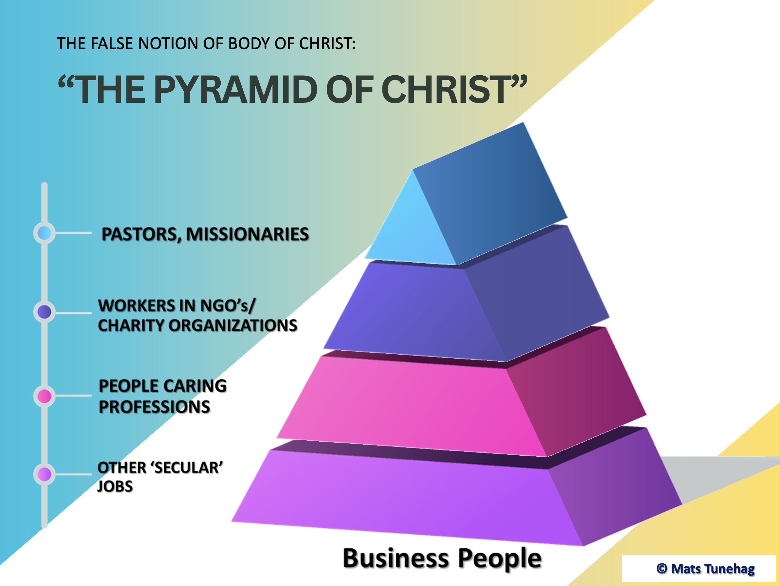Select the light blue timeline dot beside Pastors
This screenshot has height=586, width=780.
(45, 233)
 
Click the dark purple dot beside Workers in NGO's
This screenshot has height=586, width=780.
(45, 312)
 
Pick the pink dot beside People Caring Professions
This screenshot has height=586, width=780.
(45, 396)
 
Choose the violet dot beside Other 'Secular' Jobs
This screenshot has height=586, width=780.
(45, 474)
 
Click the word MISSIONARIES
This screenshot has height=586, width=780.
(247, 234)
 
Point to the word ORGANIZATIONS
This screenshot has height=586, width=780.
(233, 325)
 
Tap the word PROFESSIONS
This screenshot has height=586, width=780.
(155, 407)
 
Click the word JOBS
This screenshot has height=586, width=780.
(115, 486)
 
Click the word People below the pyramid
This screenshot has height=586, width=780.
(500, 559)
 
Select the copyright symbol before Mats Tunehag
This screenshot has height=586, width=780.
(662, 569)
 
